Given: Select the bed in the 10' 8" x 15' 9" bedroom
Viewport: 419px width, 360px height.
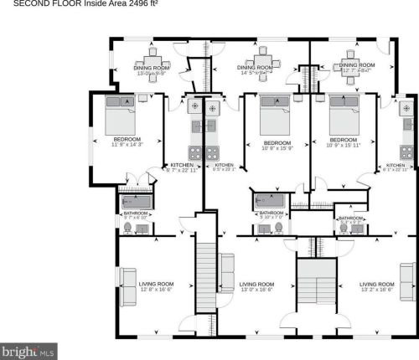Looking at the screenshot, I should click(x=271, y=112).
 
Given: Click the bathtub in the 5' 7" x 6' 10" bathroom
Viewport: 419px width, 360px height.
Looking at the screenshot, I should click(x=135, y=202).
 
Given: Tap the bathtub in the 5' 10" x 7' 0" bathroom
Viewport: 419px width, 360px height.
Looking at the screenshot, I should click(x=271, y=202).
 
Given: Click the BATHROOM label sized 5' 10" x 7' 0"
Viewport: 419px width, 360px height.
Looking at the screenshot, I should click(x=271, y=213).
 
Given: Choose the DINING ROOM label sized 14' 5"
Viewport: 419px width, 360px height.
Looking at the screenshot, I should click(x=256, y=68).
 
